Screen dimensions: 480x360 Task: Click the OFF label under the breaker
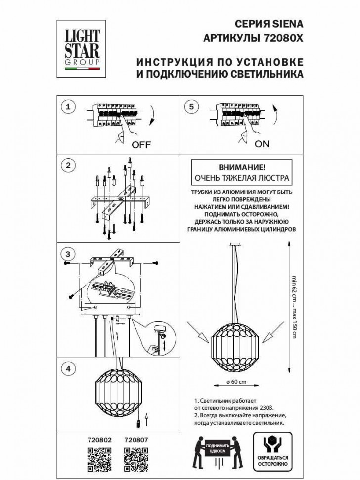[x=141, y=145]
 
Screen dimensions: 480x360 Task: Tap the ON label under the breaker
[x=262, y=144]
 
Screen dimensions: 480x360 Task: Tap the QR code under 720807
[x=136, y=458]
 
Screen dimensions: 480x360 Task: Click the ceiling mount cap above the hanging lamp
[x=236, y=244]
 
